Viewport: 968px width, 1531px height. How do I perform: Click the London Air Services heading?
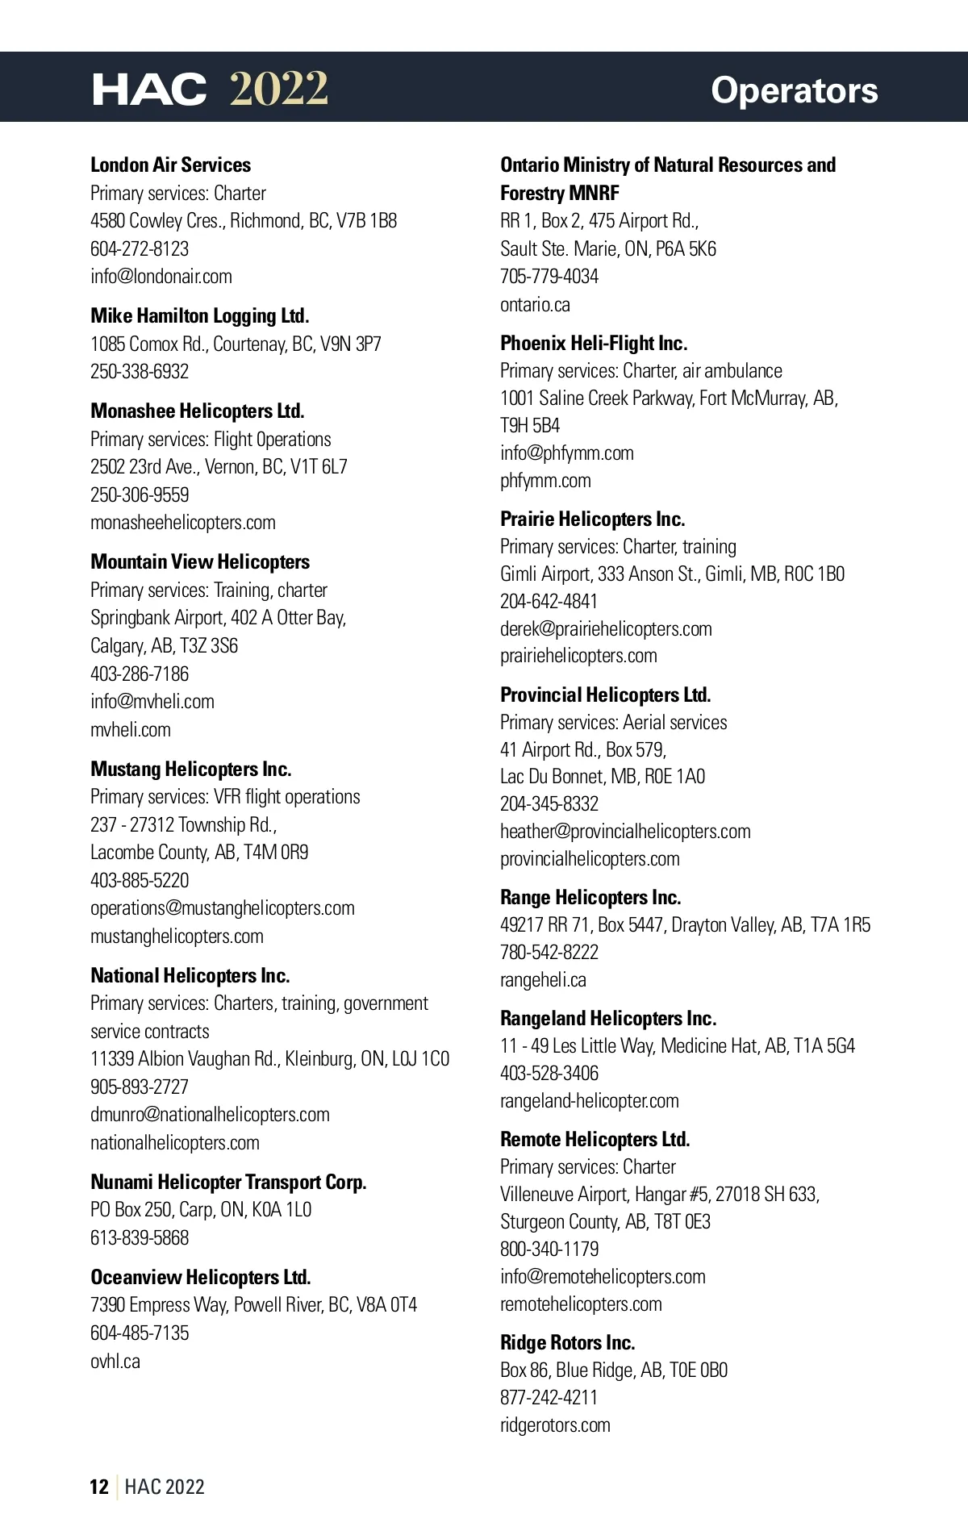170,165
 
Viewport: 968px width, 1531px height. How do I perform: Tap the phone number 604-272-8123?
140,249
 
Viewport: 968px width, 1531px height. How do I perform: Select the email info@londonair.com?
161,277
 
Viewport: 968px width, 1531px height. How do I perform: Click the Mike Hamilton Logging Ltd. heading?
200,315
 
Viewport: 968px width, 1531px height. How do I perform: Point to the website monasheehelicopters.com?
183,523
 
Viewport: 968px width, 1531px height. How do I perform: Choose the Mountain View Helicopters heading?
200,561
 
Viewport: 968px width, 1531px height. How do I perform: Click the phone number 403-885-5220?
140,880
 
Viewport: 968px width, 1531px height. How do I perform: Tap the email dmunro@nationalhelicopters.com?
210,1115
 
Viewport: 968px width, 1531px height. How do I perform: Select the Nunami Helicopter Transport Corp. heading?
228,1183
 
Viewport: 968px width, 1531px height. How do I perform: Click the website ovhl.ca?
115,1362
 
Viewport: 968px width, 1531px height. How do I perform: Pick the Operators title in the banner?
794,90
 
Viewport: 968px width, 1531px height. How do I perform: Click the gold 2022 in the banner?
279,89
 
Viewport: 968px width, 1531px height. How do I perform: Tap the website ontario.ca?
535,305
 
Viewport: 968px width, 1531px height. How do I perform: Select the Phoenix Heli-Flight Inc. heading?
594,344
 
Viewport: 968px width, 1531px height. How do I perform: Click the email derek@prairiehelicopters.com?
606,629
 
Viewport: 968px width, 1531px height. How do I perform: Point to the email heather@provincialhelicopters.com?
625,832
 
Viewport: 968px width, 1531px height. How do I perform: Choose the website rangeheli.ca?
543,980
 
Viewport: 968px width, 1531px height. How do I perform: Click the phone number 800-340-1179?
549,1249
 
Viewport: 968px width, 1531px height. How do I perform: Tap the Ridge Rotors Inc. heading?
567,1343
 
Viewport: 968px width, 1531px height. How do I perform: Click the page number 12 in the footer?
99,1487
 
